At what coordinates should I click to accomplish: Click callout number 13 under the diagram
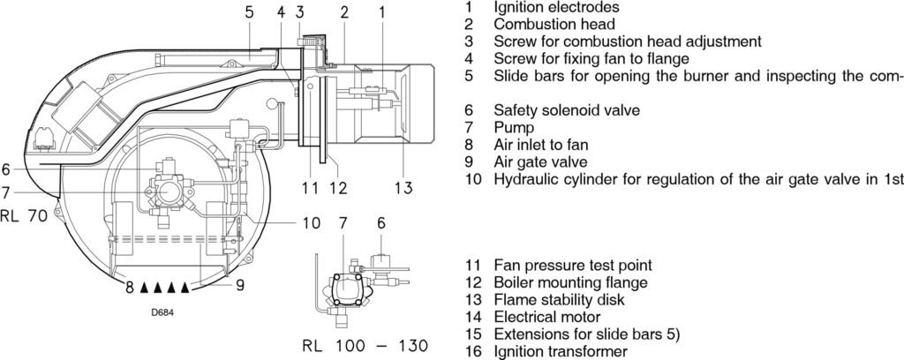click(x=403, y=187)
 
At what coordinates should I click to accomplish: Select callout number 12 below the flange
click(x=338, y=187)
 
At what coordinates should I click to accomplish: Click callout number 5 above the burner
click(x=249, y=12)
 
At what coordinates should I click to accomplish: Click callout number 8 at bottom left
click(x=128, y=286)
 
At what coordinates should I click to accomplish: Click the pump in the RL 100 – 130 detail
click(x=345, y=285)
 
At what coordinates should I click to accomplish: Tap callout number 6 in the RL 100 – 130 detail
click(x=380, y=223)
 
